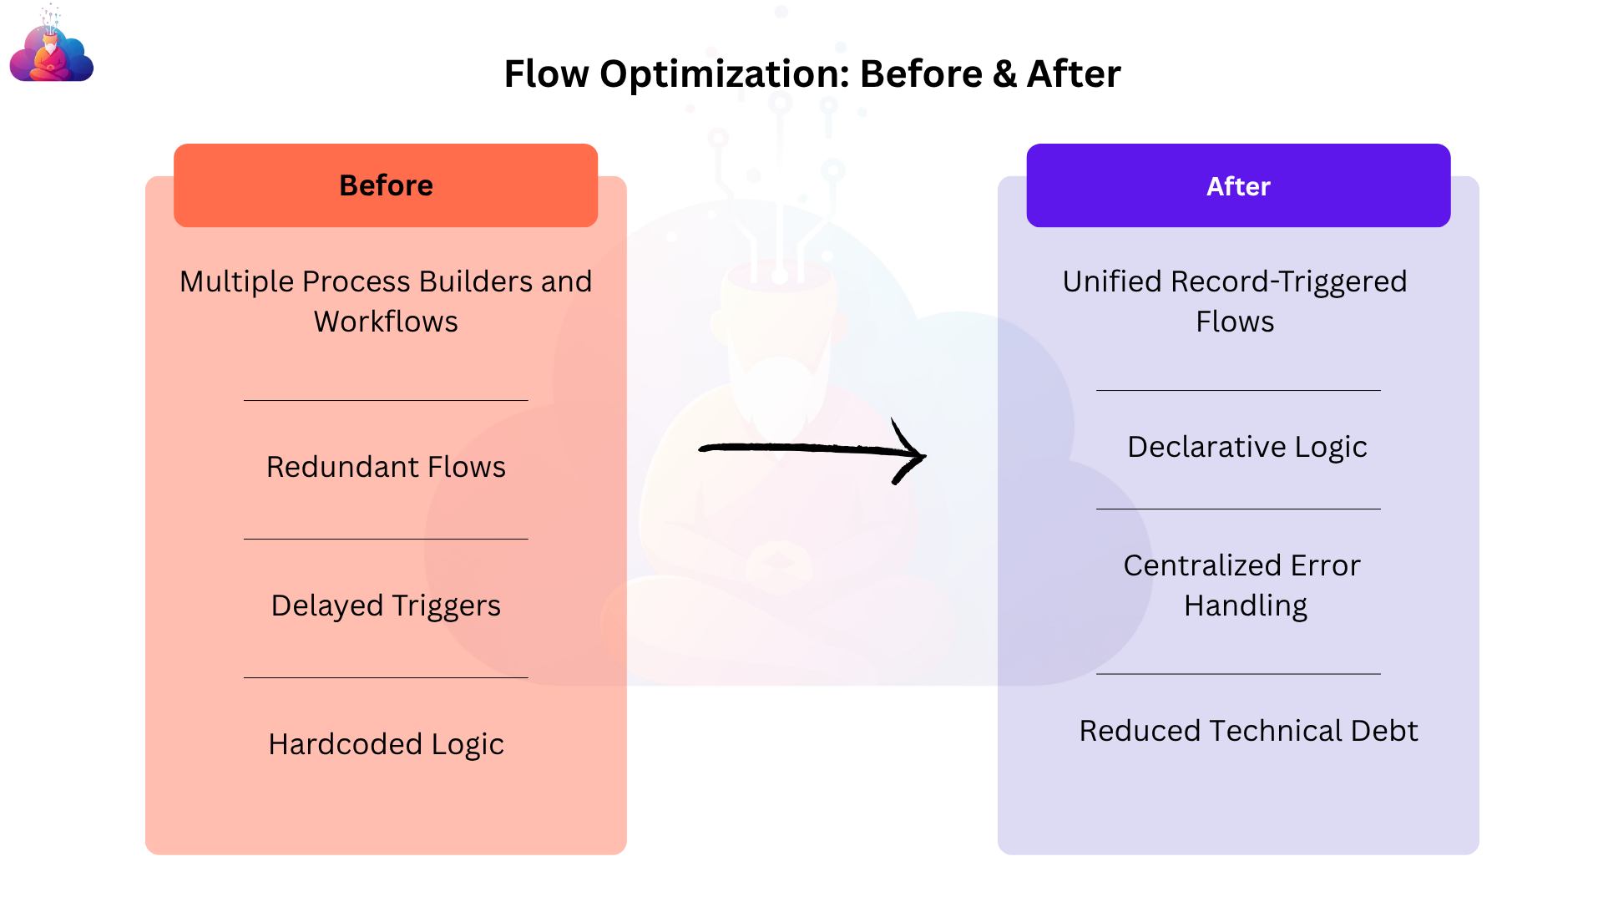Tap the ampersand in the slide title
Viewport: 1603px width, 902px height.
tap(1004, 73)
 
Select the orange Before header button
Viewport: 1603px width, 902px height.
tap(386, 185)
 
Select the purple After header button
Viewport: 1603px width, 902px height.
tap(1238, 185)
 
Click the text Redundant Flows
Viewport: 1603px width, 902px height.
tap(386, 467)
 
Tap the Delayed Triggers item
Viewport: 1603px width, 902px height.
tap(386, 606)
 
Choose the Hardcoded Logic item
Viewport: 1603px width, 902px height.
tap(386, 744)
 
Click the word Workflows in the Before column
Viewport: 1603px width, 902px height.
tap(386, 322)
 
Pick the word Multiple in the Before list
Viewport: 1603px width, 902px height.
tap(237, 282)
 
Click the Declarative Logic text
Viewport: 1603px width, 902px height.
tap(1247, 447)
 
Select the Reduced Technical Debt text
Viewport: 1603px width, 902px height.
tap(1248, 731)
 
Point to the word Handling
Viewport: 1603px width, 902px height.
tap(1246, 606)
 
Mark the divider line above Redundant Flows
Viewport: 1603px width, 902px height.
tap(386, 400)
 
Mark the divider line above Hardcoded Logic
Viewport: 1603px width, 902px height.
tap(386, 677)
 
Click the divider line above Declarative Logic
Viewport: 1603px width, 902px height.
tap(1238, 390)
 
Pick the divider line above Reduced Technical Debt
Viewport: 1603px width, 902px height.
tap(1238, 673)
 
